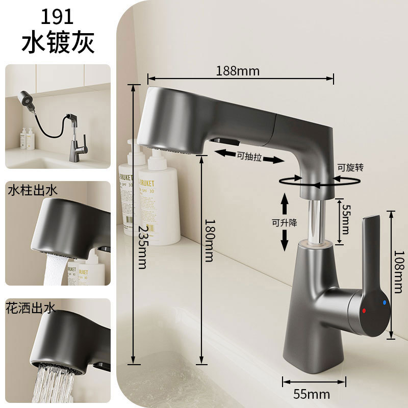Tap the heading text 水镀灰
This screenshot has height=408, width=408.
pos(58,43)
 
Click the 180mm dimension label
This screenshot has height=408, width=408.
pos(208,240)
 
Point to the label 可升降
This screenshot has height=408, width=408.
pos(285,222)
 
